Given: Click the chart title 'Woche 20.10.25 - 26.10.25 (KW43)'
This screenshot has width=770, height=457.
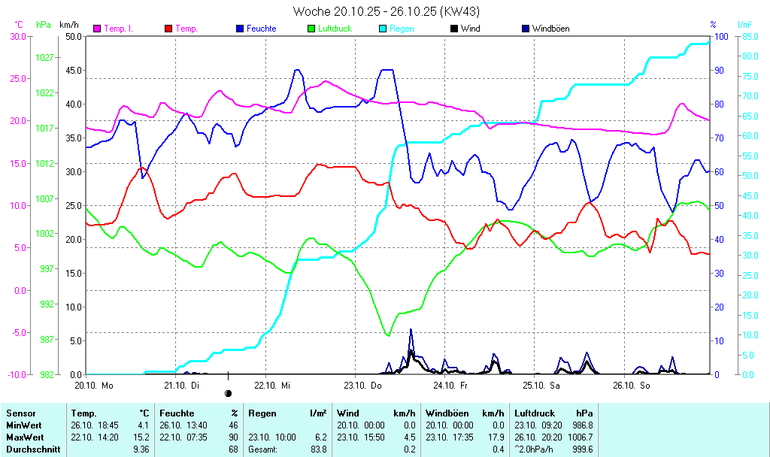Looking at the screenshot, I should [x=385, y=11].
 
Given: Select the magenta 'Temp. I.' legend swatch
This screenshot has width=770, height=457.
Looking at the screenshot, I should [x=97, y=29].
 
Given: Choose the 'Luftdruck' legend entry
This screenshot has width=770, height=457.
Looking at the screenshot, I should [x=335, y=29].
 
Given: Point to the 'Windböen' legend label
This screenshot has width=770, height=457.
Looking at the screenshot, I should [x=550, y=29].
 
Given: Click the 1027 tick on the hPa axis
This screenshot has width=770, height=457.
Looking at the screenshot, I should [x=44, y=57].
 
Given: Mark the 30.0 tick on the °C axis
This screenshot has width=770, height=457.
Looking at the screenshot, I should [x=18, y=36].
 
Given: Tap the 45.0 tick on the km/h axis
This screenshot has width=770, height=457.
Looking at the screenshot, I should [x=73, y=71].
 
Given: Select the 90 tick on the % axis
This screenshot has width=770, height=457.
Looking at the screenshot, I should [x=719, y=71].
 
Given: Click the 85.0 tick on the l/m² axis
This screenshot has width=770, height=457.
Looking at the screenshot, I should [x=748, y=36].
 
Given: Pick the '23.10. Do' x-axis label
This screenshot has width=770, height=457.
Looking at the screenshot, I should [x=363, y=386].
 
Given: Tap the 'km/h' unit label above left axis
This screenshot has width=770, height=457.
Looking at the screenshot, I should [x=68, y=25].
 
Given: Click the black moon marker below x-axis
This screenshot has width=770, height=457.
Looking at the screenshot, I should [x=228, y=393].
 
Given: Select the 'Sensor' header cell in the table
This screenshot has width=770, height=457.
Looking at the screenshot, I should [x=21, y=413].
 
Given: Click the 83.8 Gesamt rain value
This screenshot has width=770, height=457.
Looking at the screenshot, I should [x=319, y=449].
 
